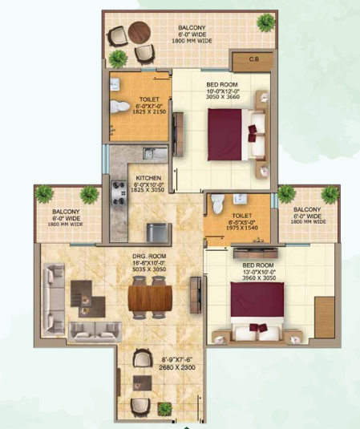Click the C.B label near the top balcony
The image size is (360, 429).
click(x=253, y=59)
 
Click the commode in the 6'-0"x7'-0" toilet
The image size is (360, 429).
click(x=116, y=108)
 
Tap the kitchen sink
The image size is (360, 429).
click(x=154, y=152)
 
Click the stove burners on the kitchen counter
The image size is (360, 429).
click(x=117, y=196)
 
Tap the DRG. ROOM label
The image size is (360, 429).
click(x=149, y=257)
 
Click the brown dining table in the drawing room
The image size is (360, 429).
click(x=150, y=298)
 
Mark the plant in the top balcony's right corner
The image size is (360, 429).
click(x=263, y=22)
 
